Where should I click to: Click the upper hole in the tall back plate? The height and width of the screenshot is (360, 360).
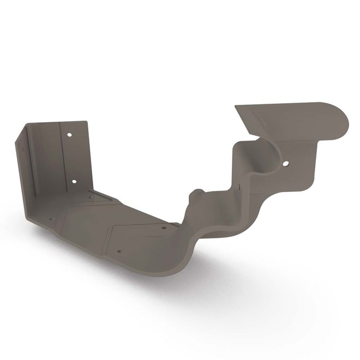coord(69,134)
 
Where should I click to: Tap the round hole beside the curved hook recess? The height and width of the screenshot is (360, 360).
coord(285,163)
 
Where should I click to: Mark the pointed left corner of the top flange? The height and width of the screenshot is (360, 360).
coord(236,107)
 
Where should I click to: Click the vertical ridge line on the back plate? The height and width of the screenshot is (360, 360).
coord(61,158)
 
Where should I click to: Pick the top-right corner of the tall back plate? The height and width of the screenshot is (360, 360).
coord(86,122)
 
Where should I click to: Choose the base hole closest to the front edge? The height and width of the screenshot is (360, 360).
coord(118,252)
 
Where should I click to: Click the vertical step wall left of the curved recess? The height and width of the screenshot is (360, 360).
coord(238,164)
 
